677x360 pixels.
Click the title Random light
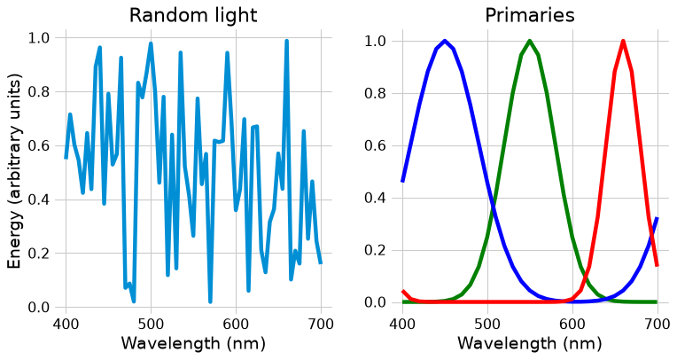pos(193,16)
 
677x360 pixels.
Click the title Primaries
pos(530,16)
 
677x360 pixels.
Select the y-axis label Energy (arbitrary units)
pos(15,171)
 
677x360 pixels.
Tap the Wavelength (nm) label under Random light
pos(193,343)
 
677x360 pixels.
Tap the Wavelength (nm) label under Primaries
pos(530,343)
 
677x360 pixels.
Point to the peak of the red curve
pos(623,41)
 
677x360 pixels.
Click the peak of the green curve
pos(530,41)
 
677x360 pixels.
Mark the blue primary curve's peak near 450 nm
pos(445,41)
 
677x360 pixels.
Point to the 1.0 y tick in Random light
pos(39,38)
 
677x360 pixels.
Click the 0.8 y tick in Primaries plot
pos(375,93)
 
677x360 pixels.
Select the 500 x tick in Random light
pos(151,324)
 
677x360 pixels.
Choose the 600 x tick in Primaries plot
pos(572,324)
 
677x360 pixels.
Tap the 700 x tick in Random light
pos(321,324)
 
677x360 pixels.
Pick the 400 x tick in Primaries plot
pos(402,324)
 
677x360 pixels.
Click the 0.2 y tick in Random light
pos(39,254)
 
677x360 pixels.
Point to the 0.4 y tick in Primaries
pos(375,198)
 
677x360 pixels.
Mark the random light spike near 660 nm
pos(286,41)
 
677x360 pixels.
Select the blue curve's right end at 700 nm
pos(658,218)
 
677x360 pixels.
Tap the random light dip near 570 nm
pos(210,301)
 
